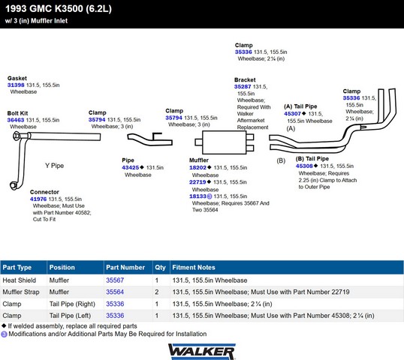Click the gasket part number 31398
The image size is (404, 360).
[16, 85]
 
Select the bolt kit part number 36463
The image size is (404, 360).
[16, 120]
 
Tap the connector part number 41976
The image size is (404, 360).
[38, 199]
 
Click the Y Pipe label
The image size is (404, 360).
[54, 166]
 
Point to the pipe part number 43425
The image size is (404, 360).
[131, 167]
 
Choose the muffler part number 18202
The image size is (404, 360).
[197, 167]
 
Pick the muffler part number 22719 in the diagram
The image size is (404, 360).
[197, 182]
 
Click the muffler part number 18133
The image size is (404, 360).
[197, 196]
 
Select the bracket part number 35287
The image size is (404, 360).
[243, 87]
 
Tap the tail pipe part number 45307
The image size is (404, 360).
[292, 114]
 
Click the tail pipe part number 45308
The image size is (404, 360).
[304, 166]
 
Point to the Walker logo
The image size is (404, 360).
[202, 352]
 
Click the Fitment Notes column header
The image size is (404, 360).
[194, 267]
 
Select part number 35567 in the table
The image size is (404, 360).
[115, 280]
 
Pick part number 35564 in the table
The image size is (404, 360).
[115, 292]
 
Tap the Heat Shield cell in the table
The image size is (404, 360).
[19, 280]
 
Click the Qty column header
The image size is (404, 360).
[160, 268]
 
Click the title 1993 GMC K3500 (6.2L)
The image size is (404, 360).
[59, 9]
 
